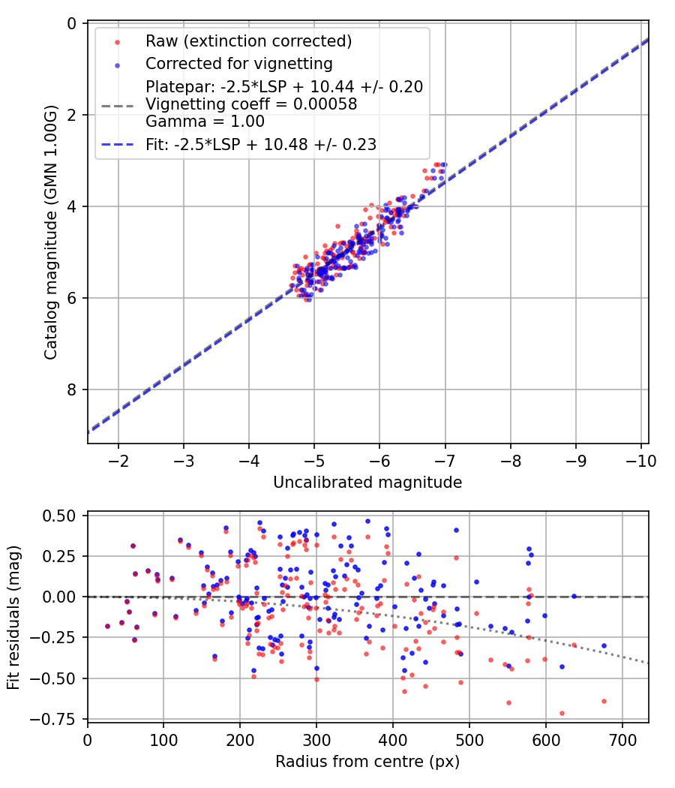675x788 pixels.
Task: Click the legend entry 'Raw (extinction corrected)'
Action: (x=248, y=41)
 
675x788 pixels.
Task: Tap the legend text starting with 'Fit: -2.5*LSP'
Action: (x=261, y=144)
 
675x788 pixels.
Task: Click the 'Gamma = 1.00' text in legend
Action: (x=205, y=121)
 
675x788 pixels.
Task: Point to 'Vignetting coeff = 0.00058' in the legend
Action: (x=251, y=104)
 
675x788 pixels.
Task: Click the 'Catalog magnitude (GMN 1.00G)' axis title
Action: (x=50, y=232)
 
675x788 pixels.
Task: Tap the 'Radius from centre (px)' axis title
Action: (x=367, y=762)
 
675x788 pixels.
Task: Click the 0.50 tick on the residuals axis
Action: (x=59, y=516)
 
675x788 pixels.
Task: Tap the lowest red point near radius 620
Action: (x=562, y=713)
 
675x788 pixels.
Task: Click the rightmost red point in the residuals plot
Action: (x=604, y=701)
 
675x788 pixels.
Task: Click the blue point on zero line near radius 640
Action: (x=574, y=596)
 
